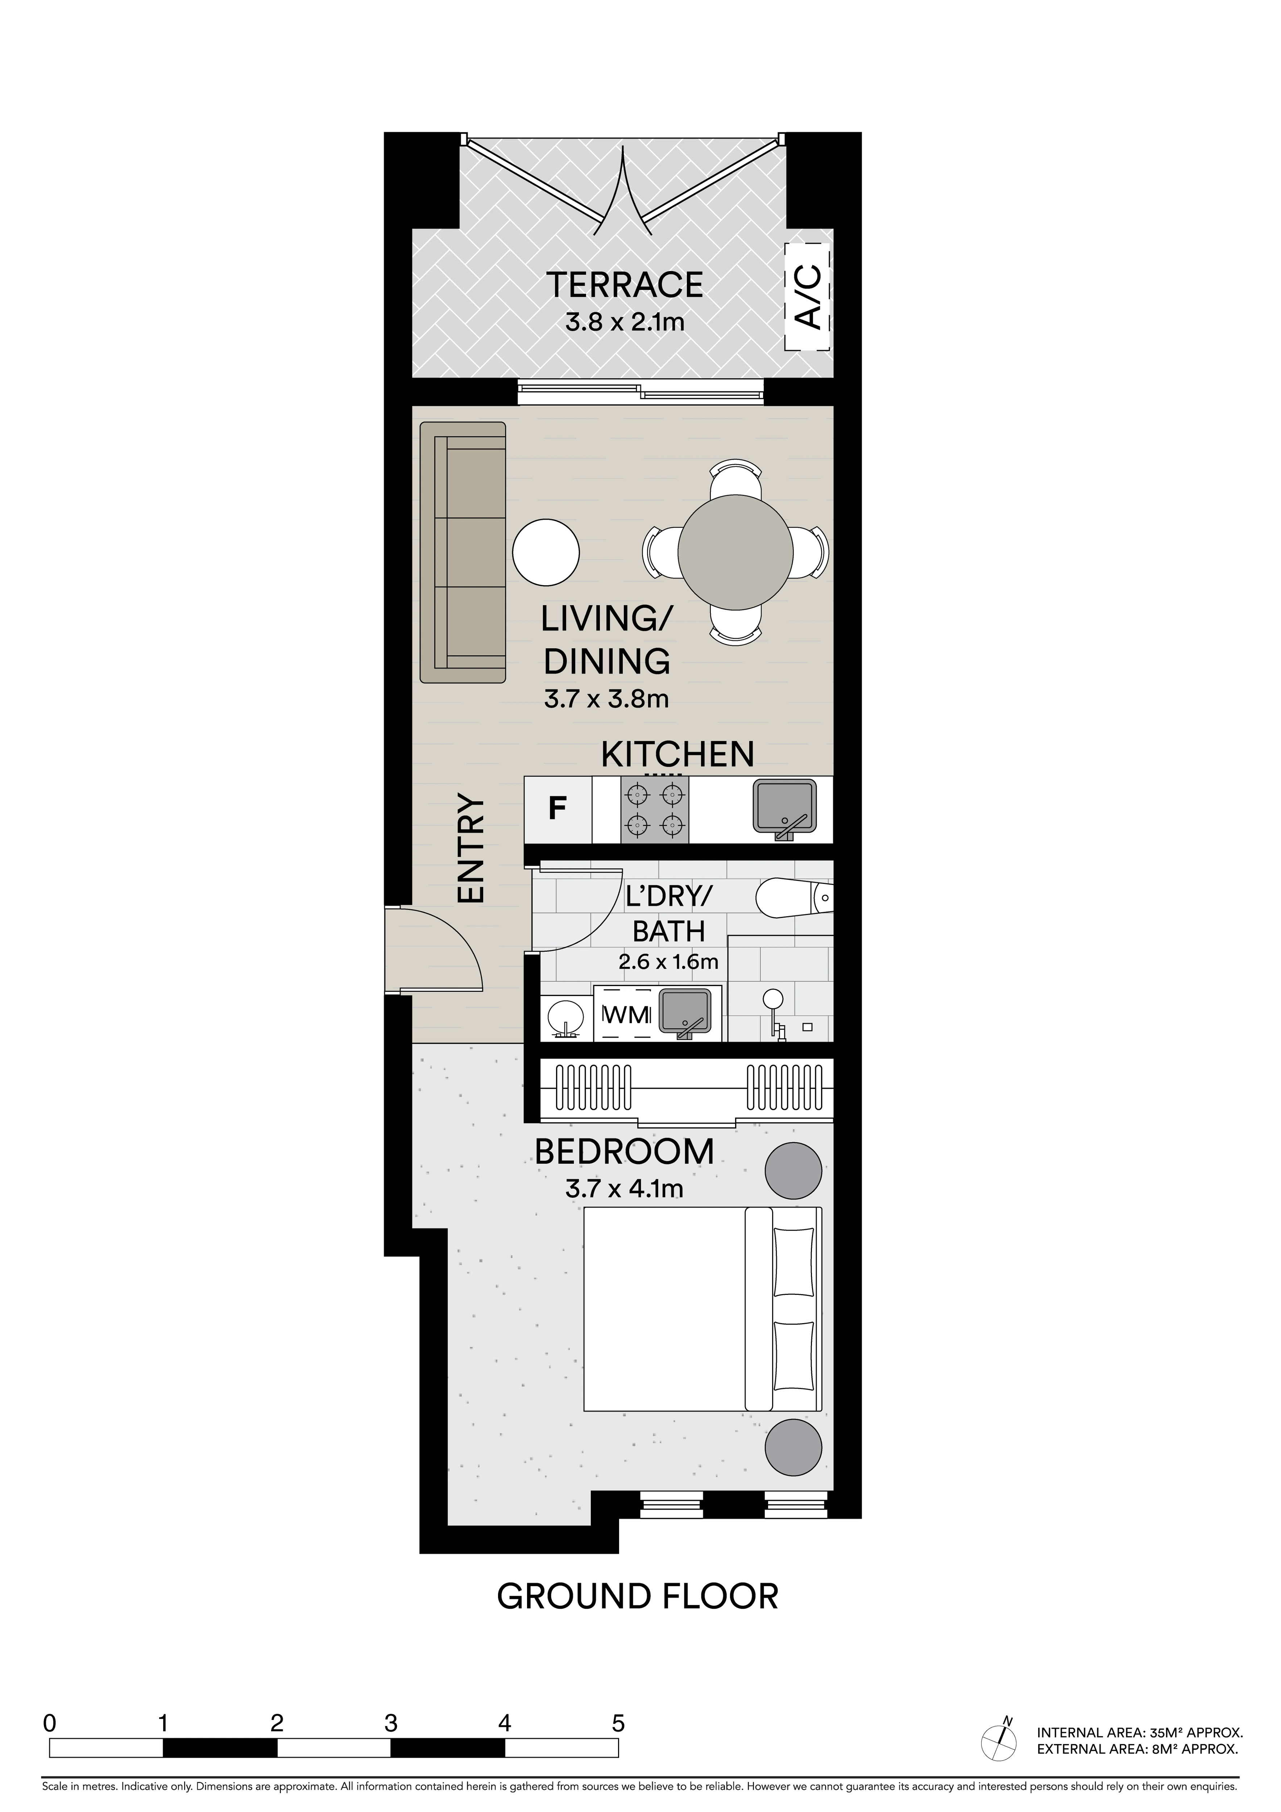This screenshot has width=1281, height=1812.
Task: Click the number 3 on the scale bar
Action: pyautogui.click(x=391, y=1723)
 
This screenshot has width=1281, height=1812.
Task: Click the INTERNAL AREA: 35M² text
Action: pyautogui.click(x=1139, y=1733)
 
